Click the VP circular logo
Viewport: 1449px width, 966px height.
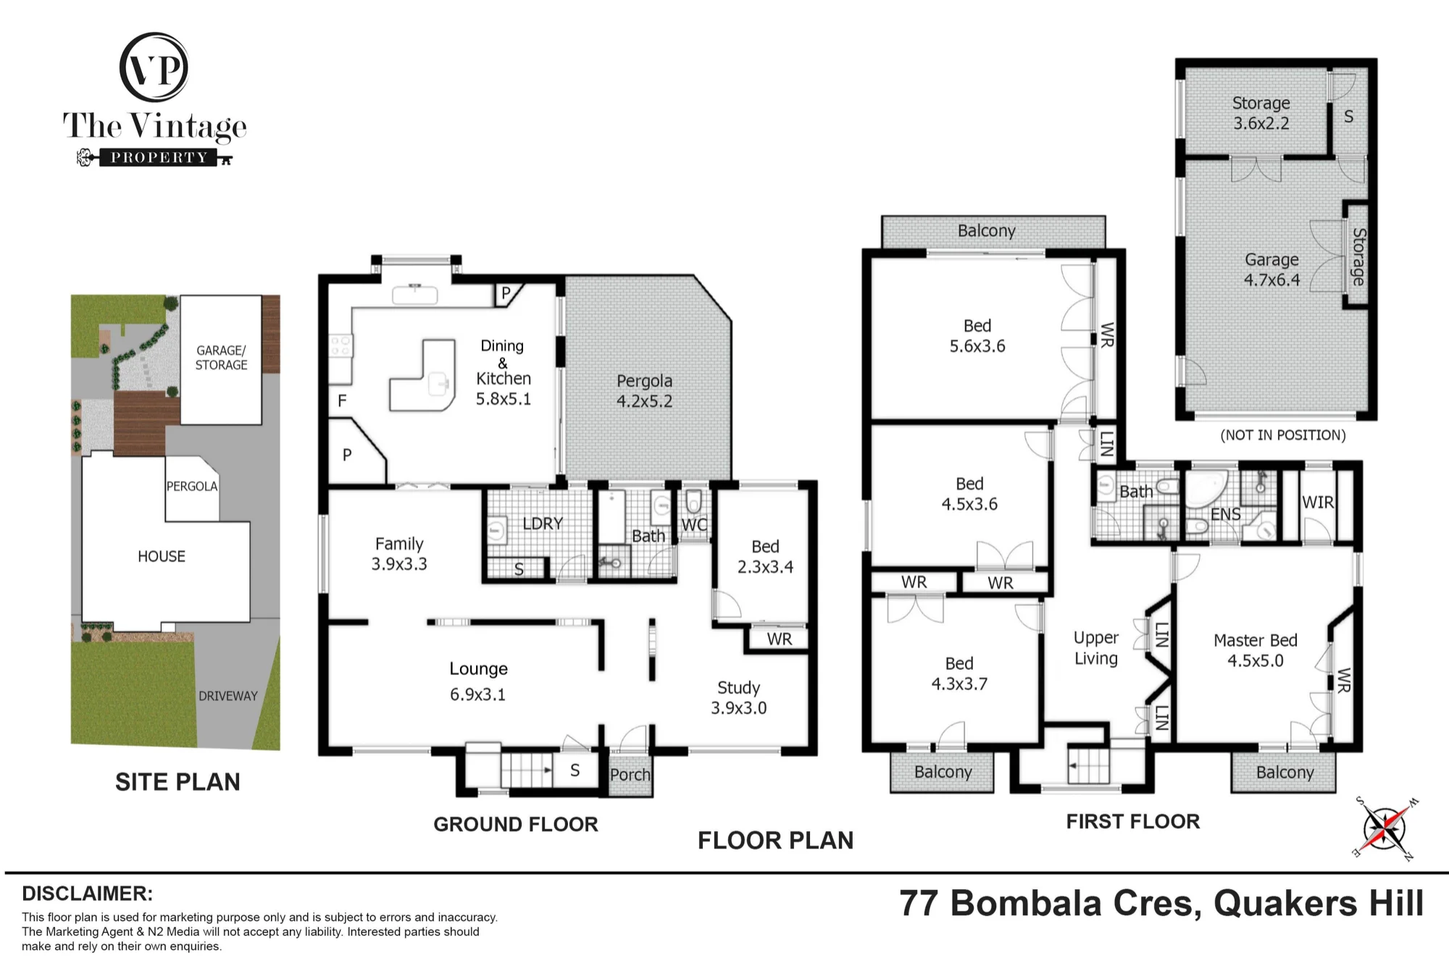(154, 67)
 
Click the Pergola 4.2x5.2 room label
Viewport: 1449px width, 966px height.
(644, 391)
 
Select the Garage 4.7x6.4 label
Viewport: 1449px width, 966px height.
(1271, 269)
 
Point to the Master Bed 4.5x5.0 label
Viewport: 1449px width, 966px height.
(1255, 650)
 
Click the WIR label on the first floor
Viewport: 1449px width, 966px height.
(1317, 502)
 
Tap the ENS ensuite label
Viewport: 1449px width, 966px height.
(1225, 514)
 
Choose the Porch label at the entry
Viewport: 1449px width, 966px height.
(630, 774)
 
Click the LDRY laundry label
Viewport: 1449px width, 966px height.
(543, 523)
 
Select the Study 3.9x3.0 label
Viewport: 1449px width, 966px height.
(738, 697)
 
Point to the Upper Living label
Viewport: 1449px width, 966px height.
(1095, 648)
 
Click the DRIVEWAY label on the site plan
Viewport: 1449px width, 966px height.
(227, 696)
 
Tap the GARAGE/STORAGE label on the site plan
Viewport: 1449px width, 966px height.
(221, 358)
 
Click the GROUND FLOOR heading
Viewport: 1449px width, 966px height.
(516, 824)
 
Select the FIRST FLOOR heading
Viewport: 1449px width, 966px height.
(1133, 821)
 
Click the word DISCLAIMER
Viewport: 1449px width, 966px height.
(87, 894)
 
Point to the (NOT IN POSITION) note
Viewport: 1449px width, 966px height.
(1283, 435)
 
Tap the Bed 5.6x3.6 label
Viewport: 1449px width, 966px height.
(977, 336)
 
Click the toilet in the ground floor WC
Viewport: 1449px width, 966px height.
(693, 500)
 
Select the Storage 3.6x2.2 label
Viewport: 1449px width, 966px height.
(1261, 113)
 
